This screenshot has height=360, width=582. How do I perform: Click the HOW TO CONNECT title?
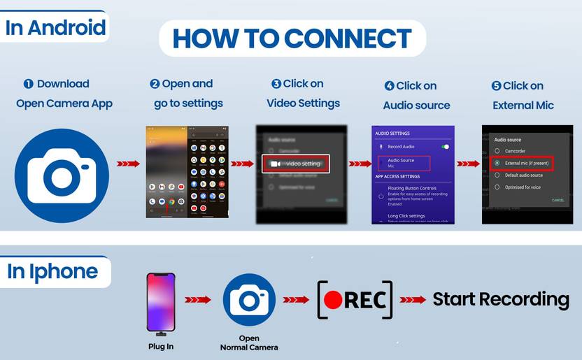click(x=292, y=38)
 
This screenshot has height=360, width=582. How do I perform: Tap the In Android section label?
click(x=56, y=28)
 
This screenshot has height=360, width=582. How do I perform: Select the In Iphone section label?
click(x=53, y=271)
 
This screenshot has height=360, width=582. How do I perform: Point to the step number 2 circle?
click(x=155, y=84)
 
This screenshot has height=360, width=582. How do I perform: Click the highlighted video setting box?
click(x=295, y=164)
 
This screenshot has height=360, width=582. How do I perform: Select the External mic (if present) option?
click(x=523, y=163)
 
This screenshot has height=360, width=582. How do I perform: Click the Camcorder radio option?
click(x=514, y=150)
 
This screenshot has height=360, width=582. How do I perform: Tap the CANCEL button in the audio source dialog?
click(x=558, y=201)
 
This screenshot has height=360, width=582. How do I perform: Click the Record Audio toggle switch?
click(x=444, y=147)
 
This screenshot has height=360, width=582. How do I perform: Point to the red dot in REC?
click(x=333, y=300)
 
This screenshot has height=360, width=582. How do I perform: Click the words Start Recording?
click(x=500, y=300)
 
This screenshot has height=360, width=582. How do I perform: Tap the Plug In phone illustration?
click(x=160, y=302)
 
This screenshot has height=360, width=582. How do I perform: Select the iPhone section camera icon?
click(x=249, y=299)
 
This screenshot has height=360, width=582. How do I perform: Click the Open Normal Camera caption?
click(x=249, y=343)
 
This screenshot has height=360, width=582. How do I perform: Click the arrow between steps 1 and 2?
click(x=127, y=164)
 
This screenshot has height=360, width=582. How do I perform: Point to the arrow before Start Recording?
click(x=413, y=300)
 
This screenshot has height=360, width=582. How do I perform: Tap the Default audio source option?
click(x=518, y=175)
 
